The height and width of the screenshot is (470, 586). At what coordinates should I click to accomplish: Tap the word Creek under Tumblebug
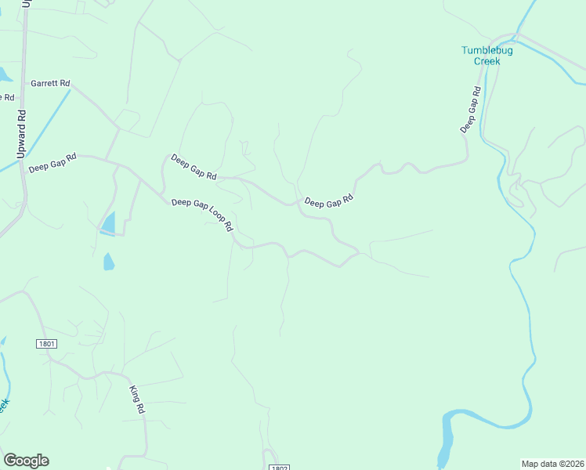pos(488,61)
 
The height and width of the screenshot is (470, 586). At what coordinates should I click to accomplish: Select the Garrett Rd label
pos(51,82)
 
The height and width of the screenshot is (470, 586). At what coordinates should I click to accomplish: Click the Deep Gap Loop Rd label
pos(203,214)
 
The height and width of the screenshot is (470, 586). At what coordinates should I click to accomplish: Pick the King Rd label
pos(137,399)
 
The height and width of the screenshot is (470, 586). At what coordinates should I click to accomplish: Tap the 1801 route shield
pos(46,344)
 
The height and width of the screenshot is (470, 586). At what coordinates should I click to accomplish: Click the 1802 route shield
pos(279,467)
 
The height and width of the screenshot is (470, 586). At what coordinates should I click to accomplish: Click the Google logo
pos(26,461)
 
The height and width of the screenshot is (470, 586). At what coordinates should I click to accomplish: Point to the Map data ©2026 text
pos(552,463)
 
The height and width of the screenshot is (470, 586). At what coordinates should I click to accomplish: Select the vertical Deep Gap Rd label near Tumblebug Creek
pos(470,107)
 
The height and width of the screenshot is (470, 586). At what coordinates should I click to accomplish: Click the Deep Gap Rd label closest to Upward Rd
pos(52,163)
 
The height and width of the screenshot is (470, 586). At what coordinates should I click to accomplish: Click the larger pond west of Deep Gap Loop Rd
pos(109,224)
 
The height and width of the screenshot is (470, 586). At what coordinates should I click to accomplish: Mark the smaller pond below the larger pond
pos(108,262)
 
